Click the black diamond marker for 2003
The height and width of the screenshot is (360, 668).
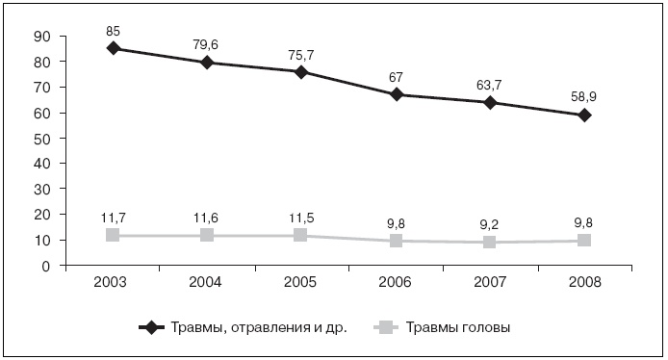click(x=114, y=48)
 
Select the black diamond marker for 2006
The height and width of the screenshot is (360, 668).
click(x=397, y=94)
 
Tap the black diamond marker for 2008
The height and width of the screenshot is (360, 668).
click(x=584, y=115)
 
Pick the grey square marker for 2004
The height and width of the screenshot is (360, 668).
click(x=208, y=235)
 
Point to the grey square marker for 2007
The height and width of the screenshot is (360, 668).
click(x=490, y=242)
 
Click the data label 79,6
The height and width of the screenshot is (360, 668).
click(x=208, y=41)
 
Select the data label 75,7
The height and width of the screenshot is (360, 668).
click(x=302, y=52)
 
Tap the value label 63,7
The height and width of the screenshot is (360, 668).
click(x=490, y=82)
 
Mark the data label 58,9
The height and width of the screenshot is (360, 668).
click(x=584, y=94)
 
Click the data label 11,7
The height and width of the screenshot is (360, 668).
click(x=114, y=216)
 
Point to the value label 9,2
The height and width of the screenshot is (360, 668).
click(x=490, y=222)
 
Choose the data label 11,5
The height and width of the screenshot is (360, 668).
click(x=302, y=216)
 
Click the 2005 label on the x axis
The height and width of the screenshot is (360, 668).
click(x=302, y=283)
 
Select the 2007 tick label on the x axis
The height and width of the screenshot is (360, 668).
click(x=490, y=283)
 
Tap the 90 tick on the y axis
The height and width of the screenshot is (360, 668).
click(x=41, y=37)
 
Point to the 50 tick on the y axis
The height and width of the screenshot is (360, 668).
click(x=41, y=139)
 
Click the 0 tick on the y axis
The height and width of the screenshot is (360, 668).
click(x=46, y=267)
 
